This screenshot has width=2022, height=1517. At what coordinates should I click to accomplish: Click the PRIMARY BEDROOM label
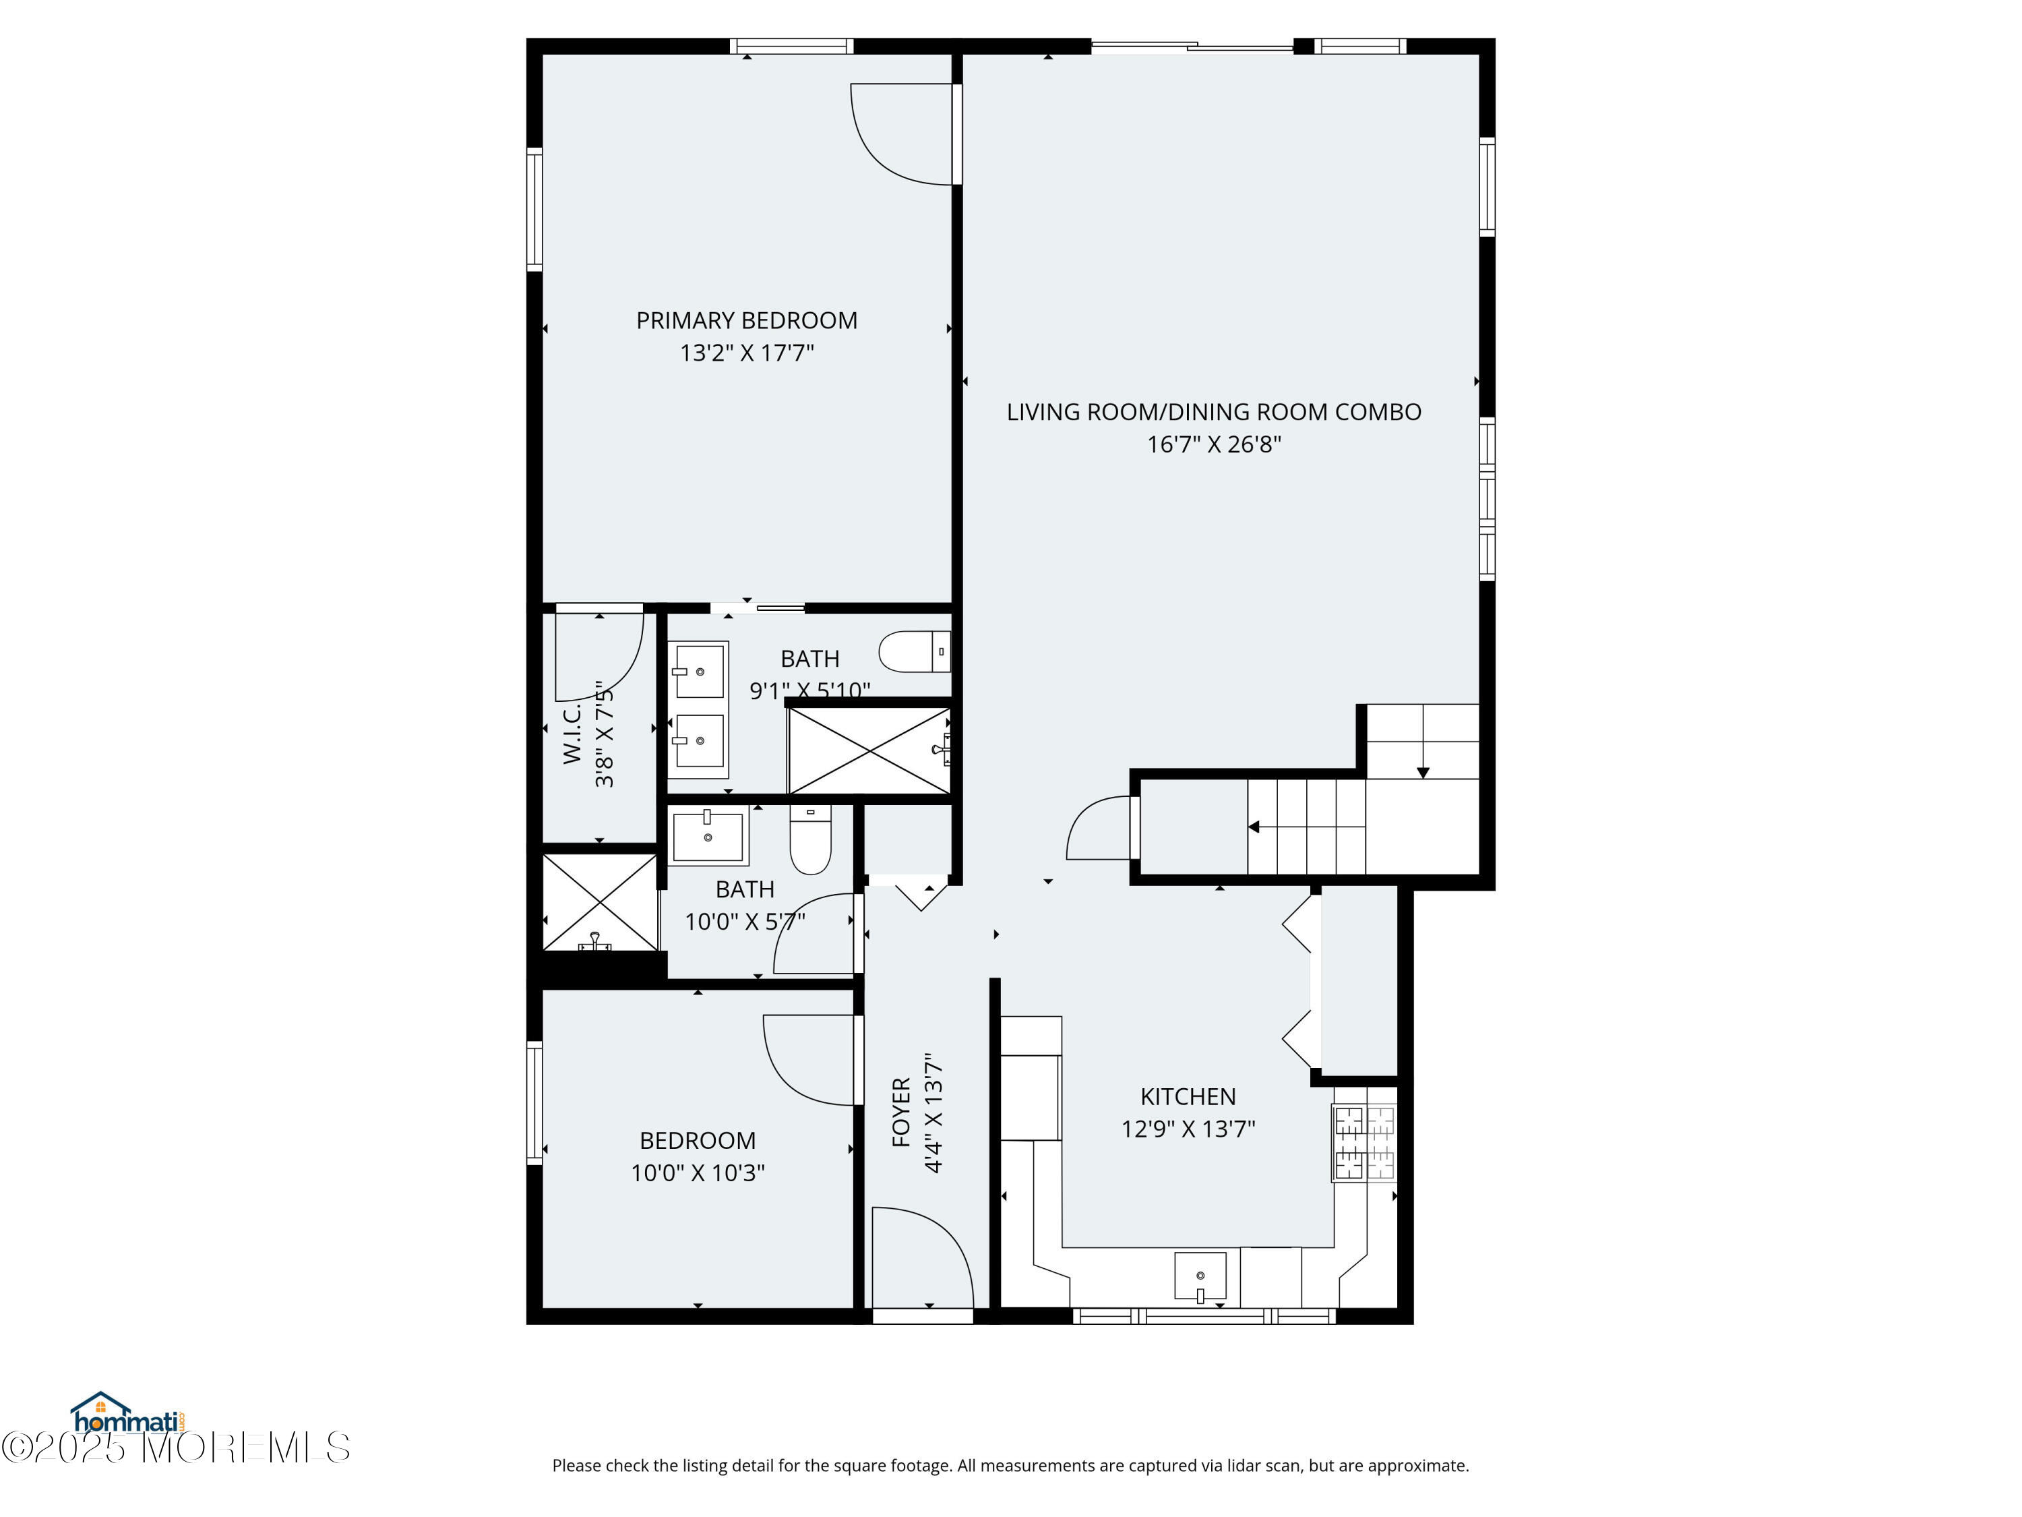click(747, 321)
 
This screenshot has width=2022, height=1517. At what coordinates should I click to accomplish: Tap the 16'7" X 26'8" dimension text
click(1214, 444)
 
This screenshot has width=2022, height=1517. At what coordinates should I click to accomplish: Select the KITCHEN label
click(1188, 1096)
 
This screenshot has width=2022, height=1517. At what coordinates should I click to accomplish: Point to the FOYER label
click(901, 1112)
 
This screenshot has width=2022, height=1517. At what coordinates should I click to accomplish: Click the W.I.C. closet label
click(572, 734)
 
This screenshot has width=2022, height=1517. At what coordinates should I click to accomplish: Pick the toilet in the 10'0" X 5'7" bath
click(810, 839)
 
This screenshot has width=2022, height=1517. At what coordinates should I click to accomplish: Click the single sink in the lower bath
click(708, 835)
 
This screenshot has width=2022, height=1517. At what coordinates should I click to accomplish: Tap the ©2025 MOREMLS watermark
click(175, 1448)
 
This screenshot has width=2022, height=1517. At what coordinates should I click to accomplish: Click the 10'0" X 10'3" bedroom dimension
click(698, 1173)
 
